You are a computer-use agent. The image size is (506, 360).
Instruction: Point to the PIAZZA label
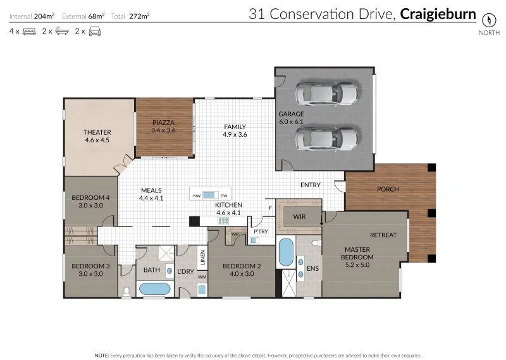[163, 122]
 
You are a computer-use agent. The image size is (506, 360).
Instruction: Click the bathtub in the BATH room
[154, 289]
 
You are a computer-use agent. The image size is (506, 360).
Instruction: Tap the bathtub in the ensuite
[286, 252]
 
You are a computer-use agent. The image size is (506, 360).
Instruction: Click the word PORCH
[387, 189]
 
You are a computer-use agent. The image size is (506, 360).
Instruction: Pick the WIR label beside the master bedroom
[300, 217]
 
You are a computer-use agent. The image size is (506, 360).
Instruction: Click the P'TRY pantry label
[261, 232]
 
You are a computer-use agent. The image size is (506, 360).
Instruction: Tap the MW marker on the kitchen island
[197, 196]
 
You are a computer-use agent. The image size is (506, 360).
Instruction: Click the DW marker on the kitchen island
[223, 196]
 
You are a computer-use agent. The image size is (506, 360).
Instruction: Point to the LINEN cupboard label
[202, 258]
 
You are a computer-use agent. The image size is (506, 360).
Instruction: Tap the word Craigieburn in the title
[438, 13]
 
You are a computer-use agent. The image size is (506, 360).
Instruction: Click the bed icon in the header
[29, 30]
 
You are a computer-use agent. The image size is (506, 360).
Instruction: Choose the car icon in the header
[95, 30]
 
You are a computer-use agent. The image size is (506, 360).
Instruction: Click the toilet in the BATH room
[126, 291]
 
